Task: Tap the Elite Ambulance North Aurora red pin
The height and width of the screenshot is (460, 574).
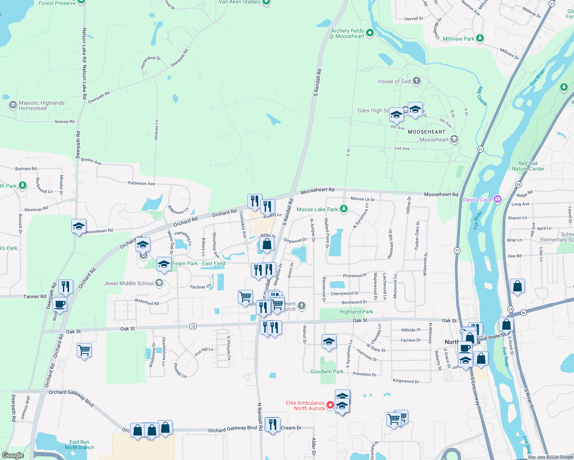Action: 330,405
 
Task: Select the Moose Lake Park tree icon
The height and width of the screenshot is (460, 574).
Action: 344,209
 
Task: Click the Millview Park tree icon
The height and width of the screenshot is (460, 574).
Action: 480,38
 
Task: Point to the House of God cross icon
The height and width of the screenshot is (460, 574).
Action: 416,81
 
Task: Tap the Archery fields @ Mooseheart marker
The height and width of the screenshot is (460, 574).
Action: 370,33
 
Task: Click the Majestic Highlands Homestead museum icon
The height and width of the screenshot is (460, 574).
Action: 13,105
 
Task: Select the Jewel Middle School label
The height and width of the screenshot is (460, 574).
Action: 129,283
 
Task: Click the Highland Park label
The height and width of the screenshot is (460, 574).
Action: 356,312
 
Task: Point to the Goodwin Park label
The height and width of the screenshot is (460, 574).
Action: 327,371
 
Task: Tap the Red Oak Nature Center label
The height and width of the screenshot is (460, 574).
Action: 528,166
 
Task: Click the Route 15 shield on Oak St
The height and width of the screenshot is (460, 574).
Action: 193,326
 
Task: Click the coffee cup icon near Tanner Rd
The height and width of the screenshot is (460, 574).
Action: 59,304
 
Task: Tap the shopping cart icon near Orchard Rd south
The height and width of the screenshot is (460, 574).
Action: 84,350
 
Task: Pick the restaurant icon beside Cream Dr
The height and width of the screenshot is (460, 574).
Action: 272,424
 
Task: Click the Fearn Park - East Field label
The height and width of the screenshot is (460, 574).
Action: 199,263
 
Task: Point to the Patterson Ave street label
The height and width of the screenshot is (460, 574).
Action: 141,183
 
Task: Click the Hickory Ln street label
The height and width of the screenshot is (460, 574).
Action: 157,130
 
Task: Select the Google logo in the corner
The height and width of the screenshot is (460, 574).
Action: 13,455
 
